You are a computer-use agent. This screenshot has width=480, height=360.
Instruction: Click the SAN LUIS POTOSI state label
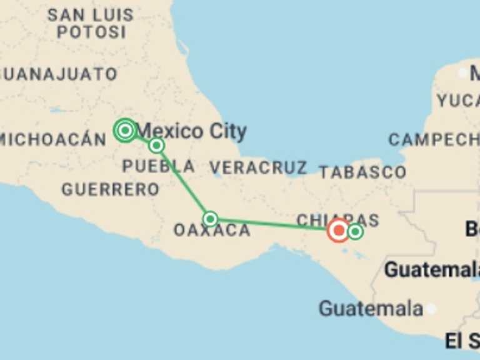pos(91,23)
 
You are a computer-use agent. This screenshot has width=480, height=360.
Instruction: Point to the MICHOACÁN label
pos(52,139)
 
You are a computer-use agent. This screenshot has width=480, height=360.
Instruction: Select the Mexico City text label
pos(191,131)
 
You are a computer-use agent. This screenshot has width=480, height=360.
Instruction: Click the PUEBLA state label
pos(158,166)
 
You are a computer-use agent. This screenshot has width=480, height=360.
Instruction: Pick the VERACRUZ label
pos(257,167)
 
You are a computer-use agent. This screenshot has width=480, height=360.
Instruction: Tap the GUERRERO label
pos(110,189)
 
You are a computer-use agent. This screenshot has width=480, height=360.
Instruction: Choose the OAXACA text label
pos(212,230)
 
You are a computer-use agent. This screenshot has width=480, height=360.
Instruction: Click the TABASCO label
pos(362,171)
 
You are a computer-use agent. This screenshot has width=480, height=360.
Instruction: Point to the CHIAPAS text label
pos(337,219)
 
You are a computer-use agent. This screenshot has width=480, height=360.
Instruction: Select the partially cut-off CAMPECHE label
pos(434,139)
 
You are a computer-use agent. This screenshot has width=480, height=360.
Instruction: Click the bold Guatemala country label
pos(431,270)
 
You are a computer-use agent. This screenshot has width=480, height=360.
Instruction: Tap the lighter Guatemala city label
pos(371,308)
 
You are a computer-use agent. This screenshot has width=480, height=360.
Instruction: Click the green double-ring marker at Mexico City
pos(125,130)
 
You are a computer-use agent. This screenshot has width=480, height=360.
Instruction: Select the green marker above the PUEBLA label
pos(156,146)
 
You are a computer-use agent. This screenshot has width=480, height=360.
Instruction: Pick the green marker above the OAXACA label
pos(210,219)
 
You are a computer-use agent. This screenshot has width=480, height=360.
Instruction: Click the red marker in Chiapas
pos(339,231)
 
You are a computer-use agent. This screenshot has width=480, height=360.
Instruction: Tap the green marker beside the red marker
pos(355,232)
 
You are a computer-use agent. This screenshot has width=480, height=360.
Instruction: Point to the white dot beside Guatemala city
pos(431,309)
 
